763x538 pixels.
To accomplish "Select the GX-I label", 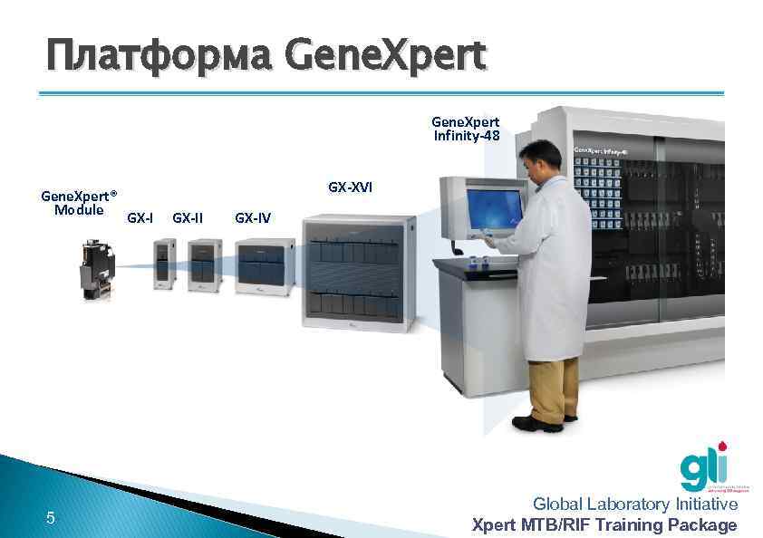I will click(x=140, y=217).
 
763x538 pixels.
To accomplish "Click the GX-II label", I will click(x=188, y=217).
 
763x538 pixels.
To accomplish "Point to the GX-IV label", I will click(x=252, y=217).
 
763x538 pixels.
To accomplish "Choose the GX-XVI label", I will click(x=350, y=187).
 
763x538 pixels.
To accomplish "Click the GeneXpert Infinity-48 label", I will click(x=465, y=129).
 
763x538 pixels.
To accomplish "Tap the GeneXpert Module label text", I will click(x=80, y=203).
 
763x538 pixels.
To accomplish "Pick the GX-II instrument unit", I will click(x=205, y=264).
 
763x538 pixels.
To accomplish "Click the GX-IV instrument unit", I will click(x=265, y=266).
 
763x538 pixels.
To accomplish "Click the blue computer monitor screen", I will click(x=494, y=210).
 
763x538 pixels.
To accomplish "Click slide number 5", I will click(x=51, y=518).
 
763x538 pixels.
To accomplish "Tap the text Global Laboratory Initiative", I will click(x=635, y=504).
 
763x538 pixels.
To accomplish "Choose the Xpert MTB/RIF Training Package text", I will click(x=605, y=524).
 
